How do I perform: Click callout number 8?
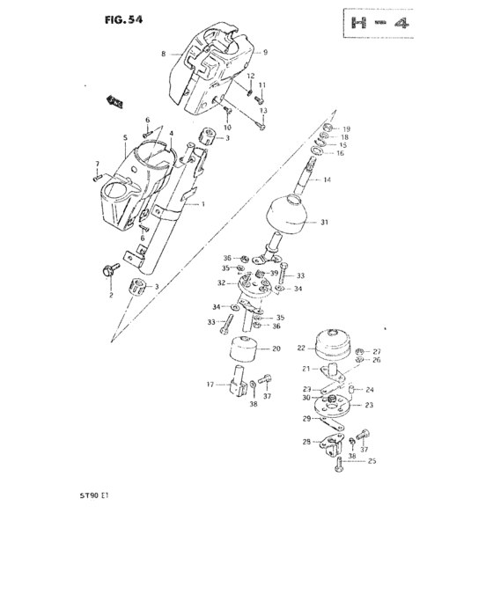(x=163, y=55)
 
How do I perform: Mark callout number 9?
(x=265, y=53)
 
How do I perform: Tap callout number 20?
(x=276, y=348)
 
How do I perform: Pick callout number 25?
(x=372, y=461)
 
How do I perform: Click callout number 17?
(x=210, y=384)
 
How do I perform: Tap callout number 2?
(x=112, y=296)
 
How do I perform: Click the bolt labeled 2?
(x=109, y=271)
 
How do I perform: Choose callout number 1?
(x=202, y=204)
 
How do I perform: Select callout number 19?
(x=346, y=128)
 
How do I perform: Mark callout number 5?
(x=126, y=138)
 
